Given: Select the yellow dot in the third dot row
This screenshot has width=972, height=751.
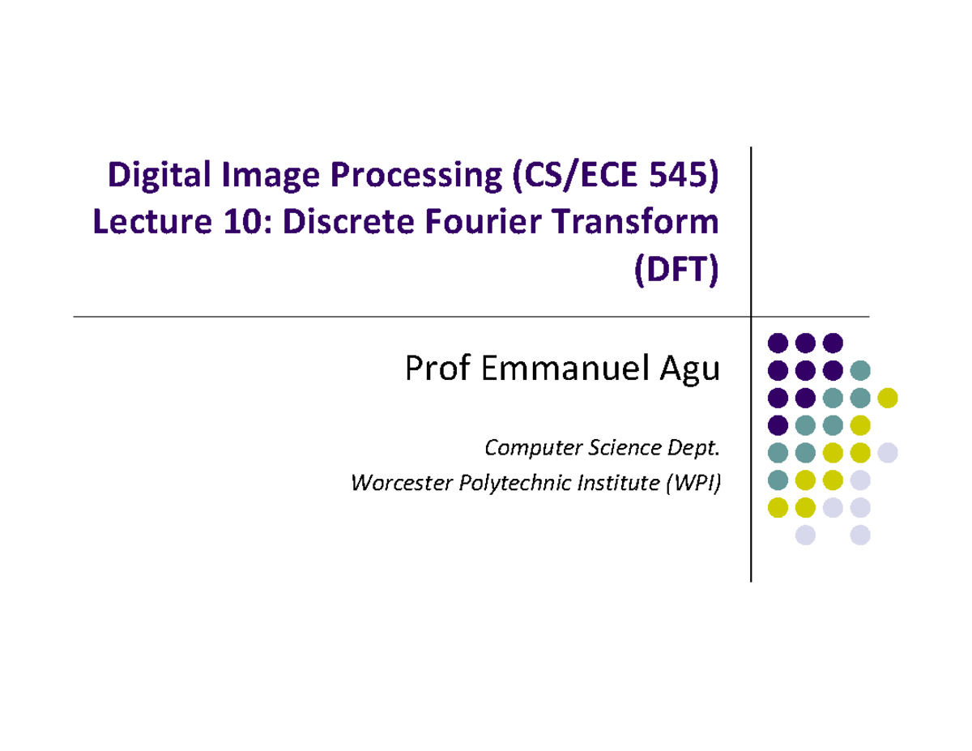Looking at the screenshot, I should (888, 397).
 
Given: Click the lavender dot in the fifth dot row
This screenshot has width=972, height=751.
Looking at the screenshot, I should (888, 452).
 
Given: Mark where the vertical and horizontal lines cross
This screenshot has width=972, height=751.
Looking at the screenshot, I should (752, 316).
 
